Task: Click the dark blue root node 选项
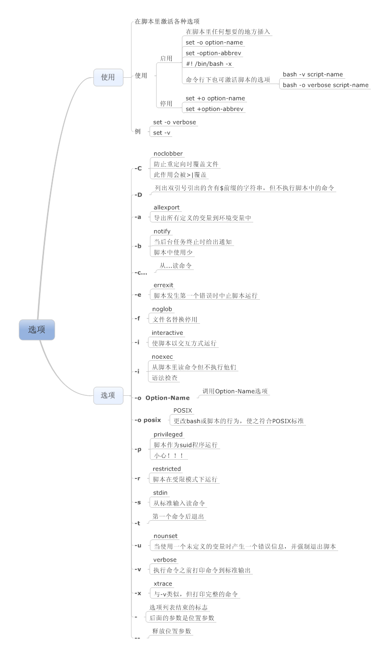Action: coord(37,330)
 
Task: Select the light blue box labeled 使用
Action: coord(108,77)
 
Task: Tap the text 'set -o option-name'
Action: coord(214,42)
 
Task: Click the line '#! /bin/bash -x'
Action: coord(209,63)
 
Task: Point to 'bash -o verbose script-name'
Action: coord(325,85)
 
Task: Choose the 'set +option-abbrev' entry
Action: coord(214,109)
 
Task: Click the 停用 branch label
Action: coord(166,103)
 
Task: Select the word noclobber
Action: coord(168,154)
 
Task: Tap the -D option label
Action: coord(138,195)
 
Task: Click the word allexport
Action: coord(166,208)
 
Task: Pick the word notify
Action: coord(162,232)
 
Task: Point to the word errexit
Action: coord(163,285)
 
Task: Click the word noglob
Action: coord(162,309)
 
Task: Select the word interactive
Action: coord(167,333)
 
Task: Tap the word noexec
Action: coord(162,357)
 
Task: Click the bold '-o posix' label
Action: coord(147,420)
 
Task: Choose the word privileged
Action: coord(168,434)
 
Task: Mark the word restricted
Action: coord(166,469)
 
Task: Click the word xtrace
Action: coord(163,584)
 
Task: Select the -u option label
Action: coord(138,545)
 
